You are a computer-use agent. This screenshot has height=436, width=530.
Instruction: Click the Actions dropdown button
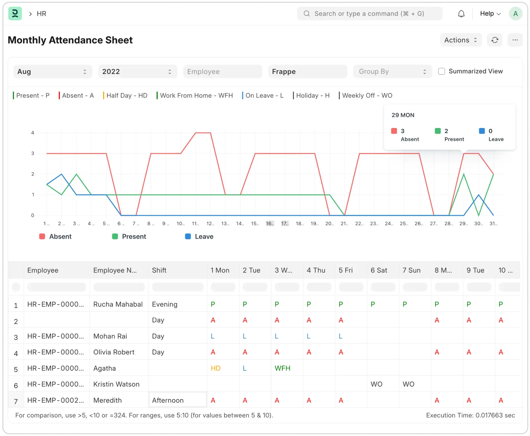coord(461,40)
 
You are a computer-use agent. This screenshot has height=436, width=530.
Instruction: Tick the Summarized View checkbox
coord(442,72)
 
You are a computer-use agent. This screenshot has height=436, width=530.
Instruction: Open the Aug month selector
coord(53,72)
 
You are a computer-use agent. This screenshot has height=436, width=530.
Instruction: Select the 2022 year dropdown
coord(137,72)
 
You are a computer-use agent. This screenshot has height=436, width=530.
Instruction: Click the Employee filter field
coord(223,72)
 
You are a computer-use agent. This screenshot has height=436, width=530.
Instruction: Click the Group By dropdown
coord(392,72)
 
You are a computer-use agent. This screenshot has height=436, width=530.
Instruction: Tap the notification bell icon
coord(461,14)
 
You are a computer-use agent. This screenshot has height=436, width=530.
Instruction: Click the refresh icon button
coord(495,40)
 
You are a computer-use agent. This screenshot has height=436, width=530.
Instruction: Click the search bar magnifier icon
coord(307,14)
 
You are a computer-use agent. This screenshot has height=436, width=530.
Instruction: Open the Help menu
coord(490,14)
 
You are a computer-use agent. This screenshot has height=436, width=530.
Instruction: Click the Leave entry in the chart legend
coord(199,237)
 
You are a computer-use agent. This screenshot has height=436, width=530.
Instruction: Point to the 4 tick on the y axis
coord(33,133)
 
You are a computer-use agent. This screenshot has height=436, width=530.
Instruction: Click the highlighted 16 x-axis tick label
coord(270,224)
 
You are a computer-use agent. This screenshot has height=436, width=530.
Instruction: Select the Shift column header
coord(159,271)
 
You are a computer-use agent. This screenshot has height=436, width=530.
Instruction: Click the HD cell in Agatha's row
coord(216,368)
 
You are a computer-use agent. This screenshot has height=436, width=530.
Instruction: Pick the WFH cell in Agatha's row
coord(282,368)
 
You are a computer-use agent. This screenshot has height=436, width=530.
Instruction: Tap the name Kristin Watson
coord(116,384)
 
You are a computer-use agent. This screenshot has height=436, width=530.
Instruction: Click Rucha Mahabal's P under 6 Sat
coord(373,304)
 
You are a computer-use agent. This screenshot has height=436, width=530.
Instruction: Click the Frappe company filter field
coord(307,72)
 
